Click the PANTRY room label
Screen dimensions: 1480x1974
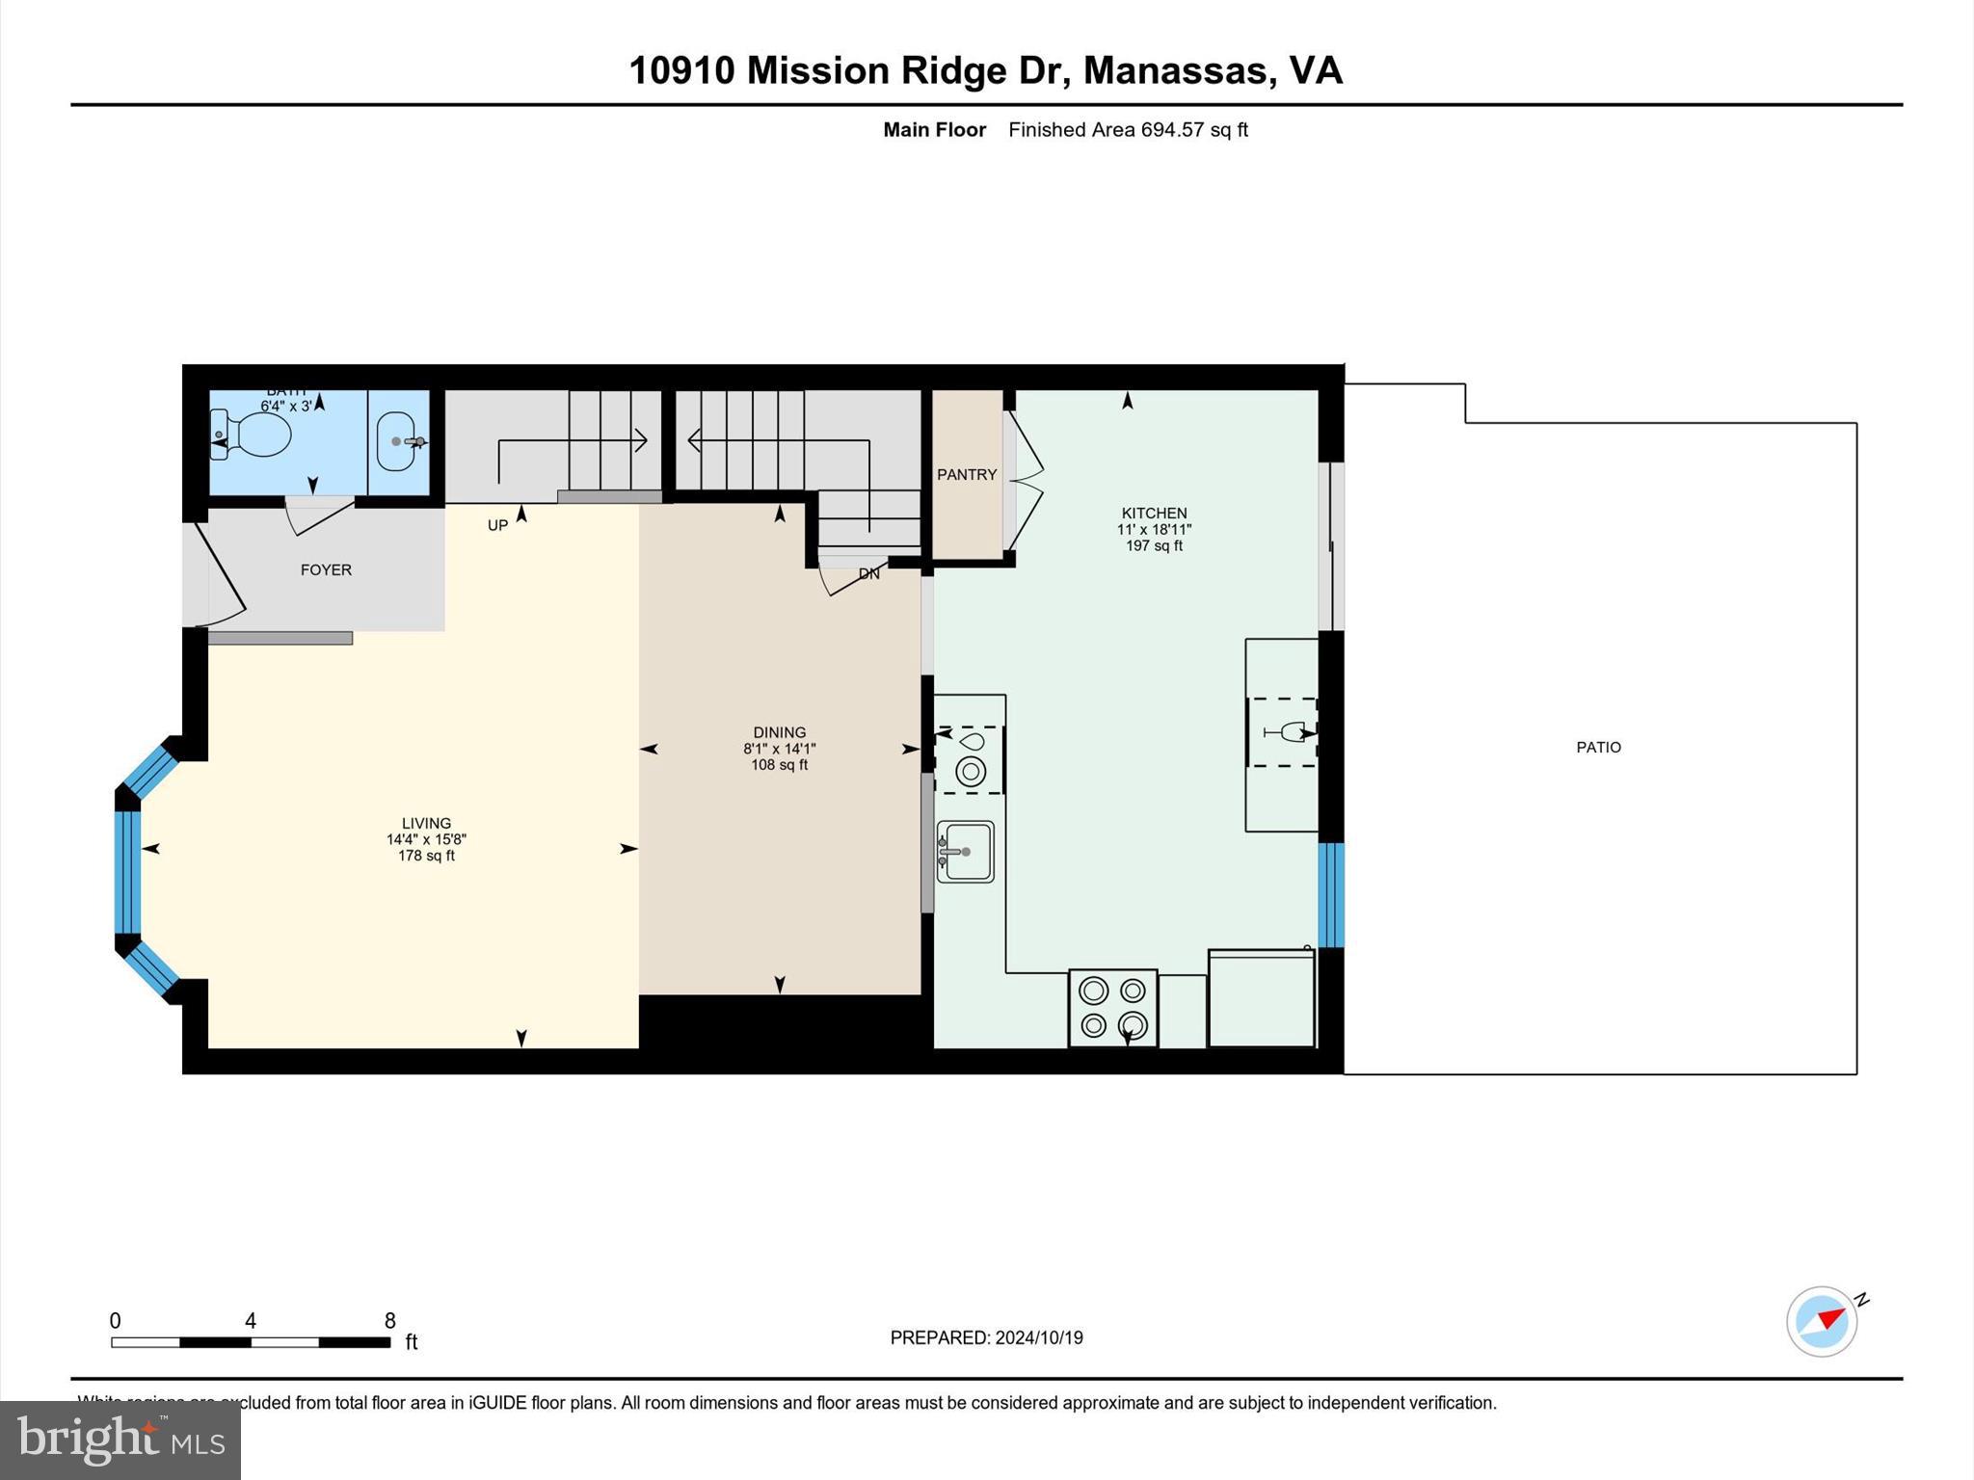tap(967, 474)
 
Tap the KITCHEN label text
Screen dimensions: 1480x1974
tap(1154, 513)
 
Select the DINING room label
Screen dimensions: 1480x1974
tap(779, 732)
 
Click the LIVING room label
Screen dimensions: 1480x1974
tap(426, 823)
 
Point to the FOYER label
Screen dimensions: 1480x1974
tap(326, 569)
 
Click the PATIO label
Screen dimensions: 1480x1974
tap(1598, 747)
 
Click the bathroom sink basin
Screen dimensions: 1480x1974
tap(395, 441)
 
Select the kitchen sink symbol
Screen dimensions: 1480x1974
tap(966, 851)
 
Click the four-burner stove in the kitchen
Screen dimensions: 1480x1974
tap(1112, 1008)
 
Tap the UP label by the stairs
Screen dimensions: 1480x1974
tap(497, 525)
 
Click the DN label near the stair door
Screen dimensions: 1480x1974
tap(868, 573)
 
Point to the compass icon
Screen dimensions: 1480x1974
tap(1822, 1321)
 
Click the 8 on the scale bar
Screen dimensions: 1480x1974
tap(389, 1320)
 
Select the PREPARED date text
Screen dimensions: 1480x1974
tap(986, 1337)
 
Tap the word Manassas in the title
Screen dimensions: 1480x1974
tap(1173, 70)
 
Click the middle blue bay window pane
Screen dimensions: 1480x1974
tap(127, 872)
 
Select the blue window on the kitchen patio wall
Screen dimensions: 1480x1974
tap(1330, 895)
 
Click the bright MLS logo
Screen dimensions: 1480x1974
tap(120, 1440)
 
